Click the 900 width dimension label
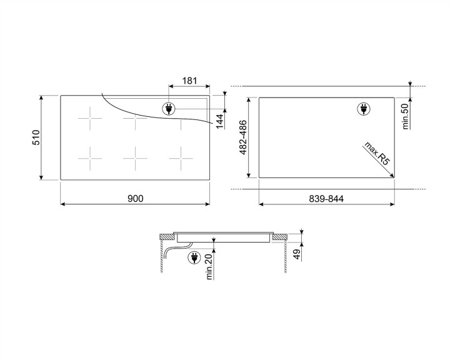tap(135, 199)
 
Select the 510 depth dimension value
tap(36, 137)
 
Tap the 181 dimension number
tap(189, 81)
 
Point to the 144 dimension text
tap(220, 120)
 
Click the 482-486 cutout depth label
tap(243, 137)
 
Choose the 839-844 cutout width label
tap(326, 199)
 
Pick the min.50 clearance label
tap(405, 116)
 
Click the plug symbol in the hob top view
tap(169, 109)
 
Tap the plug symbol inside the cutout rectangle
tap(363, 109)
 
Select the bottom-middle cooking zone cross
tap(135, 159)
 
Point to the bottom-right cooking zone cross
tap(180, 159)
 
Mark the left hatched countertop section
tap(167, 237)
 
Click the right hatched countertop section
tap(281, 237)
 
